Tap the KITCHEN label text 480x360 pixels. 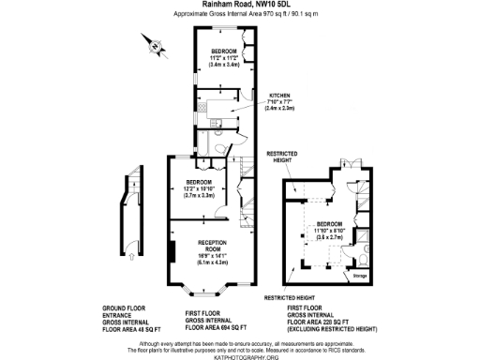click(x=281, y=96)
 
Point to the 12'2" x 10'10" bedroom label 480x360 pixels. click(x=199, y=188)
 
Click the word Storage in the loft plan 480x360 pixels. click(x=360, y=277)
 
